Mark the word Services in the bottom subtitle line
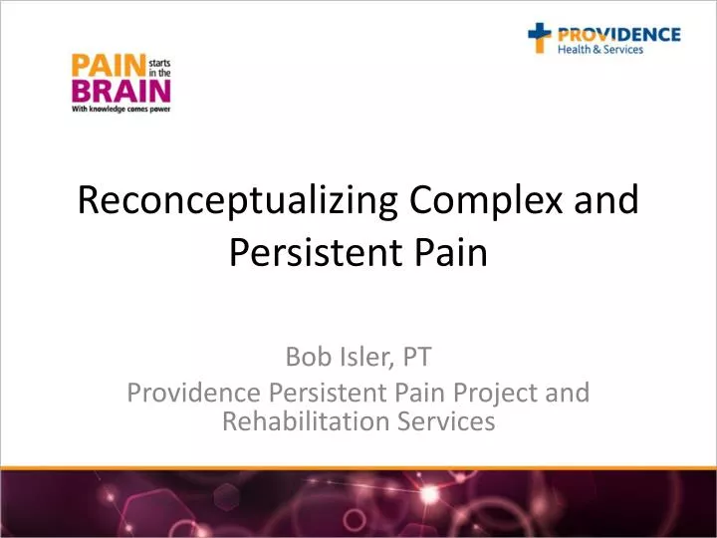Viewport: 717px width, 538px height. [x=447, y=421]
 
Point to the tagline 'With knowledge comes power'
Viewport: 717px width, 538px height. [x=118, y=111]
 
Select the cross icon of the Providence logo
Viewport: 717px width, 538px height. [x=540, y=39]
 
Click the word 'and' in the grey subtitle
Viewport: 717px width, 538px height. [x=569, y=394]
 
